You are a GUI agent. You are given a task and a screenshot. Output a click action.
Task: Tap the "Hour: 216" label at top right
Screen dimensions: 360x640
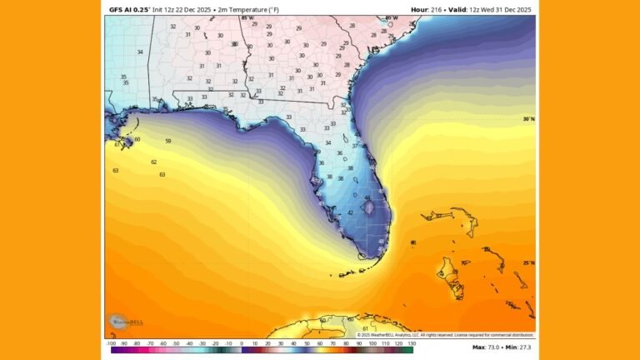[x=427, y=9]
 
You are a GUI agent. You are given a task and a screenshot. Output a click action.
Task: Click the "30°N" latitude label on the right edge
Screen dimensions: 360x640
[x=528, y=119]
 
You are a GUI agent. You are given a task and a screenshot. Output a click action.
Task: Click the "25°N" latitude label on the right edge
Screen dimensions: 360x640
[x=528, y=262]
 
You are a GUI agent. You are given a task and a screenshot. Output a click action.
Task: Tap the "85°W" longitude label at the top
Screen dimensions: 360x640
[x=247, y=17]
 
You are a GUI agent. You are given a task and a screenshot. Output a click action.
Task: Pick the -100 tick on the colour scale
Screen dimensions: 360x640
[x=111, y=343]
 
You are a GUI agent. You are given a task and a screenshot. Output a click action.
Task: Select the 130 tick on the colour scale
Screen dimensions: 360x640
[x=411, y=343]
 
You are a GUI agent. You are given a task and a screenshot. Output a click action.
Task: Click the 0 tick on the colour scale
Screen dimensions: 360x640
[x=242, y=343]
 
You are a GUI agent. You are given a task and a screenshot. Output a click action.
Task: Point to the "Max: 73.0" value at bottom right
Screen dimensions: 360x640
[x=486, y=347]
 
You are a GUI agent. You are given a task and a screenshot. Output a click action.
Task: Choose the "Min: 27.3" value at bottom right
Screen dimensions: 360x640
[x=520, y=347]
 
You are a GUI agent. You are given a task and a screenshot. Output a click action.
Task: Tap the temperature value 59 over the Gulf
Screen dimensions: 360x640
[x=168, y=141]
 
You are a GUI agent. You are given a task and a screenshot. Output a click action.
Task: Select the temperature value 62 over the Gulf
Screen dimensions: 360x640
[x=153, y=162]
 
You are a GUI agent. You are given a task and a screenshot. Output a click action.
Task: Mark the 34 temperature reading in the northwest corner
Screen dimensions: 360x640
[x=140, y=52]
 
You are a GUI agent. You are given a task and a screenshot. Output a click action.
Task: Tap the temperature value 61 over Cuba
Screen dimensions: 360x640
[x=365, y=329]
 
